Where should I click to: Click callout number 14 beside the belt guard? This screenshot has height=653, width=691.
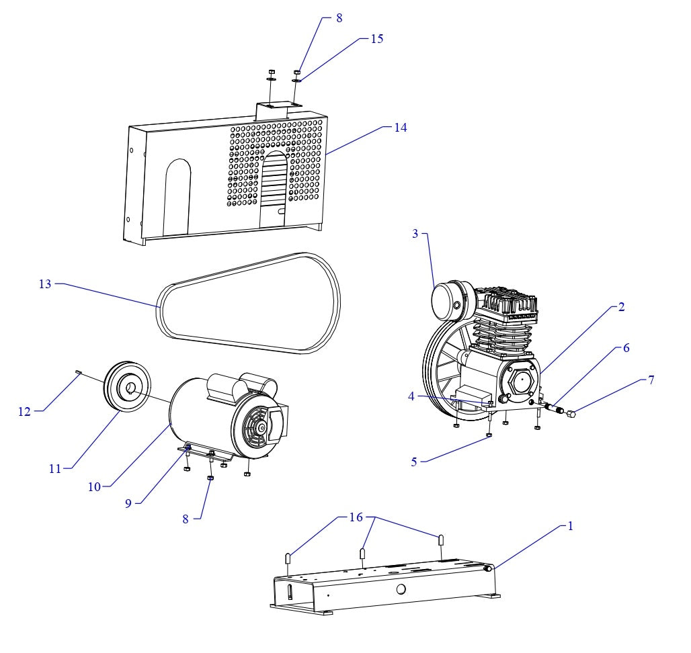(400, 127)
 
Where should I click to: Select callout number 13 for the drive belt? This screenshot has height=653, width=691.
(45, 284)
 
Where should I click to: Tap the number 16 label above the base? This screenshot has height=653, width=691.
(356, 517)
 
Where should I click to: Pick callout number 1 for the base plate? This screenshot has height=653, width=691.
(570, 526)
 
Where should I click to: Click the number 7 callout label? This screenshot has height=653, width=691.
(650, 380)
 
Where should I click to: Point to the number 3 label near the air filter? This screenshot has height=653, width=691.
(415, 233)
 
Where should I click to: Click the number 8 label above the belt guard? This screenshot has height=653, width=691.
(339, 18)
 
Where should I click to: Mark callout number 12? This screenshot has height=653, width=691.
(25, 411)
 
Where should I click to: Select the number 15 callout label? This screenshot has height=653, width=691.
(377, 38)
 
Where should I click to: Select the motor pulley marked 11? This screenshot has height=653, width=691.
(128, 388)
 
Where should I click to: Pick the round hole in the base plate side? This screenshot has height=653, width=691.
(401, 589)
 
